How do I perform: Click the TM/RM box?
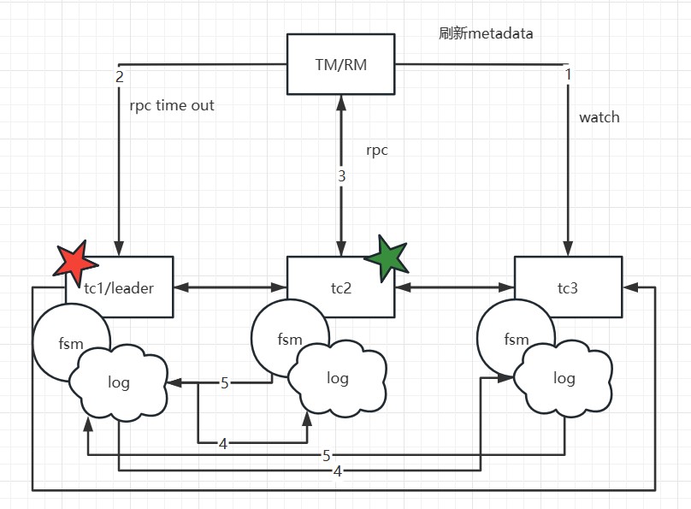click(341, 64)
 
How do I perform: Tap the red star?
click(70, 260)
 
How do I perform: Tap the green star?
click(387, 256)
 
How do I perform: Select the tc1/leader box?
click(120, 287)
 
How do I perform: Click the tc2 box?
click(341, 287)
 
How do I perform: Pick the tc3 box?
click(568, 287)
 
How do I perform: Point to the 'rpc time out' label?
click(172, 106)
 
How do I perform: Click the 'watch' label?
click(599, 117)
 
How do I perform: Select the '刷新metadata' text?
click(486, 34)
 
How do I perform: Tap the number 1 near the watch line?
click(568, 75)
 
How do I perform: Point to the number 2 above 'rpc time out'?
click(119, 76)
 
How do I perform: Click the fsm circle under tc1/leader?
click(71, 343)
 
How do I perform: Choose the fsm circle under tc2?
click(289, 339)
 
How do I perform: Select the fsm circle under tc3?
click(516, 339)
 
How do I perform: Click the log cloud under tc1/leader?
click(118, 382)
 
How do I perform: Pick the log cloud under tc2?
click(338, 378)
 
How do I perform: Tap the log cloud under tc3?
click(564, 378)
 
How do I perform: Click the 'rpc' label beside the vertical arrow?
click(377, 150)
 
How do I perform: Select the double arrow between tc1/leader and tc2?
click(230, 287)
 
